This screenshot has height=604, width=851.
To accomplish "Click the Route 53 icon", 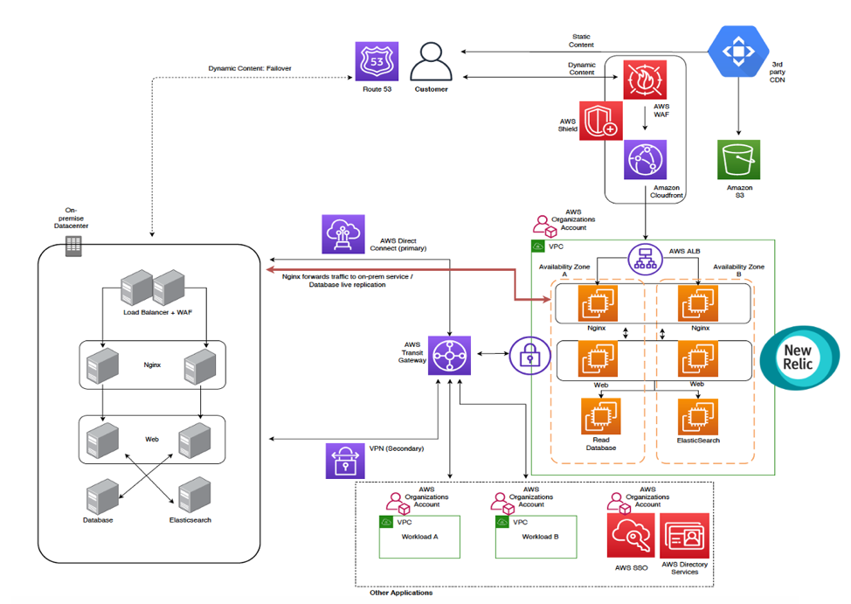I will pos(377,62).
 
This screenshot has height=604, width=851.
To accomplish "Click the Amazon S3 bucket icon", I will pos(739,160).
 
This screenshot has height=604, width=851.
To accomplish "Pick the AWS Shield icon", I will pos(601,121).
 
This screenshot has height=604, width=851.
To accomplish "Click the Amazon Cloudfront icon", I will pos(645,160).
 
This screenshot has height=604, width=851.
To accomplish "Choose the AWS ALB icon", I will pos(646,258).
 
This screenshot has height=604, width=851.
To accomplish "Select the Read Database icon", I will pos(601,417).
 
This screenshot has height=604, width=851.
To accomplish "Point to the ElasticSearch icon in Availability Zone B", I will pos(697,417).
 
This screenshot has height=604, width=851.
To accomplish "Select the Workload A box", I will pos(419,537).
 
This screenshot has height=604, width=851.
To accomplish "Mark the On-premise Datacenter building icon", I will pos(73,246).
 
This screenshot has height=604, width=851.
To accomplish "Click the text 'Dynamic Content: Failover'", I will pos(250,68).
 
